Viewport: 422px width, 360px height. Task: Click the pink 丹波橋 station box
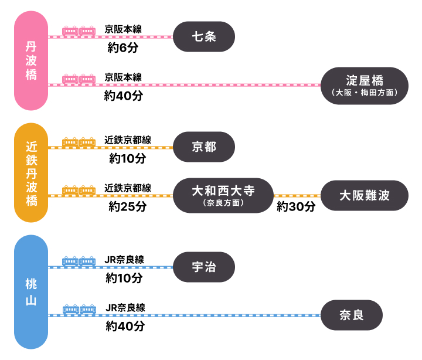31,62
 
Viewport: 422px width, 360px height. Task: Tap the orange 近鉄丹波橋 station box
31,173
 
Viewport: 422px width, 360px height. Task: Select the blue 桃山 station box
31,291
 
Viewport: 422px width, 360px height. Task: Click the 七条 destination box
204,36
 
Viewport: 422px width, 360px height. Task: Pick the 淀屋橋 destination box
364,86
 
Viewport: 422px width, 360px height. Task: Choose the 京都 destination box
204,147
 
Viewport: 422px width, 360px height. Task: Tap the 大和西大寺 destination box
223,195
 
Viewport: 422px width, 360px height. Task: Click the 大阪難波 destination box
364,195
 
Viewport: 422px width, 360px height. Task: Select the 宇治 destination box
204,267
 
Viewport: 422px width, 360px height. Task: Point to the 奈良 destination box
352,315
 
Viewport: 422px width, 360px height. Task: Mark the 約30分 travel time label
296,207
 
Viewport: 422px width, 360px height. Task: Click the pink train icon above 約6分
79,30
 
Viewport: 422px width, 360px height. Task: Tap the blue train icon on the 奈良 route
79,309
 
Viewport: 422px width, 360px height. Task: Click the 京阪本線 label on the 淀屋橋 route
123,77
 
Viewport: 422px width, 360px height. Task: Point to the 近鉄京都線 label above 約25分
128,188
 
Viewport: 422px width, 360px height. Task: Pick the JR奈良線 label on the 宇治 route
125,260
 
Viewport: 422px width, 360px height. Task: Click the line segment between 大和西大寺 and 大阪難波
297,196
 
